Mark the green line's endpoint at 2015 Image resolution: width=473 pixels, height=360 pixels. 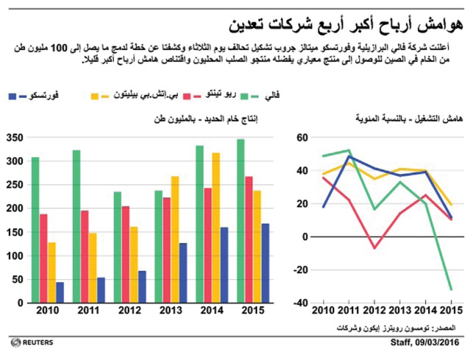coord(451,289)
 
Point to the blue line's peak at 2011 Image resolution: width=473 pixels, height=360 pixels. coord(348,156)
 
